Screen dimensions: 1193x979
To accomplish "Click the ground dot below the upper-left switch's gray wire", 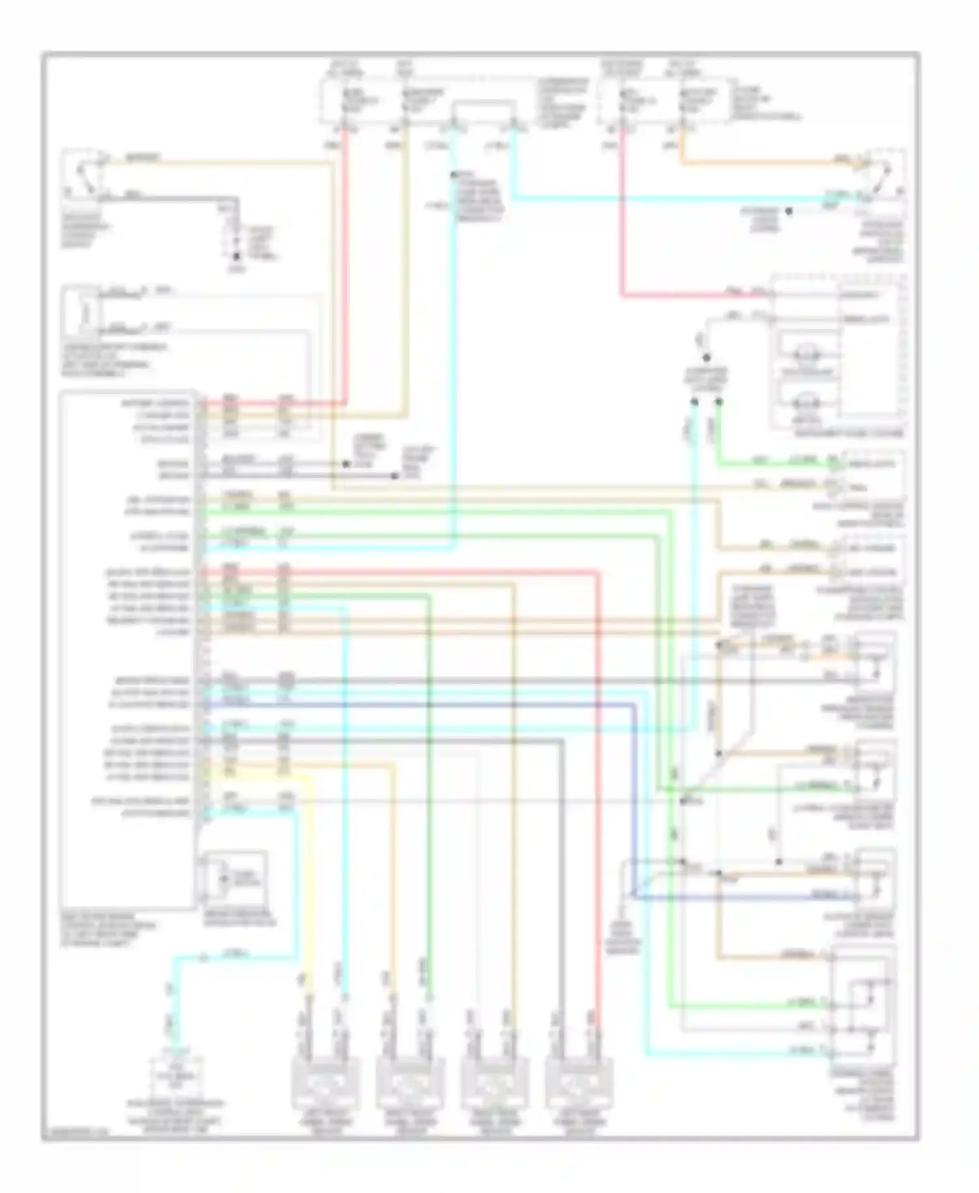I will pyautogui.click(x=236, y=258).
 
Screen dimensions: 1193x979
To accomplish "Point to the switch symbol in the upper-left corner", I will pyautogui.click(x=83, y=174).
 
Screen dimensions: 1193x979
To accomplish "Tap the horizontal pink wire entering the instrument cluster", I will pyautogui.click(x=692, y=296).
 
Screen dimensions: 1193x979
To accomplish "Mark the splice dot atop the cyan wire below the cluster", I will pyautogui.click(x=694, y=403).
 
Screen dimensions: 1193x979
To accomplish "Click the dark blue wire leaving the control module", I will pyautogui.click(x=418, y=705).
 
